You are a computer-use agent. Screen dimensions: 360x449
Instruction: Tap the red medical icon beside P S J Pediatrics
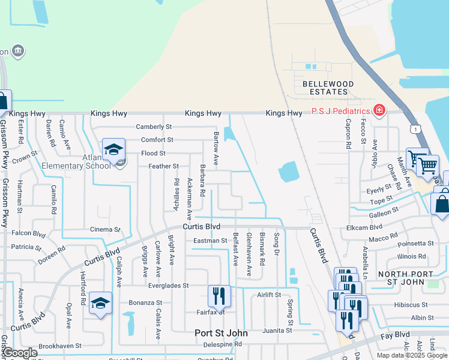[379, 111]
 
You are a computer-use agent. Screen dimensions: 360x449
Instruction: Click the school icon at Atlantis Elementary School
[113, 151]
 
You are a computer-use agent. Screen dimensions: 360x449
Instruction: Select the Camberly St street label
[154, 127]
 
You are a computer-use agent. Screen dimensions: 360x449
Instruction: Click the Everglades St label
[169, 286]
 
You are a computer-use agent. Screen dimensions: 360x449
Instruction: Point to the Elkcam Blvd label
[364, 227]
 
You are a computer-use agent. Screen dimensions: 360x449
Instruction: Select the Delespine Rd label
[221, 344]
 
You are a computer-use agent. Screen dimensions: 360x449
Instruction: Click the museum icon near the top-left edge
[18, 50]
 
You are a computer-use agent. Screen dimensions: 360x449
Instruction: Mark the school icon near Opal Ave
[100, 303]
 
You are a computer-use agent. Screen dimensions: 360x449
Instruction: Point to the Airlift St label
[269, 295]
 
